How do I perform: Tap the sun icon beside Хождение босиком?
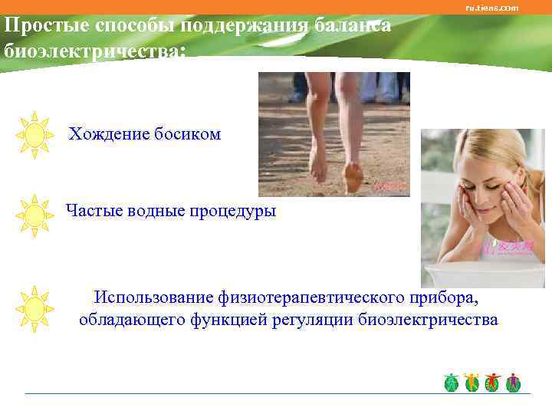[x=34, y=135]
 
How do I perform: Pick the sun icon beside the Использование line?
[x=34, y=308]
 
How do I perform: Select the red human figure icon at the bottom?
[x=492, y=382]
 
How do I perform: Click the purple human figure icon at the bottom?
[x=513, y=382]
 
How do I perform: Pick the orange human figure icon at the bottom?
[x=472, y=382]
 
